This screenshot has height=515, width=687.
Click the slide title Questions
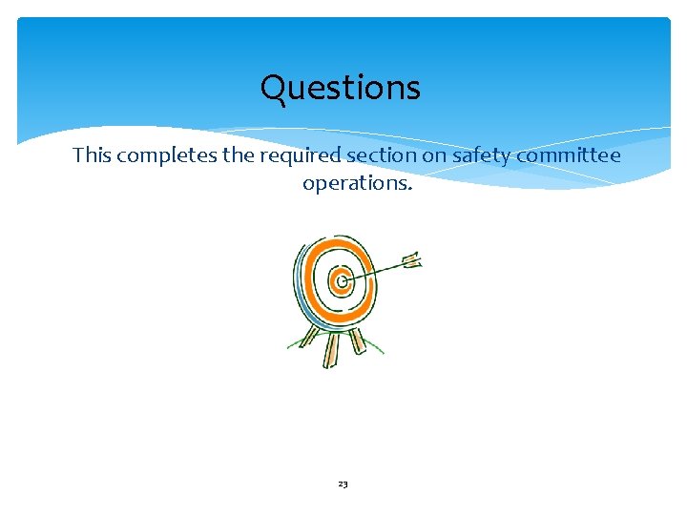tap(340, 89)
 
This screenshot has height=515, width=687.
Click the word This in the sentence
tap(92, 154)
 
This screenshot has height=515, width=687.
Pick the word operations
tap(357, 182)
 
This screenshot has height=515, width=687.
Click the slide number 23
tap(343, 484)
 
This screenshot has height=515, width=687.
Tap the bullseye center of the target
tap(341, 280)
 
